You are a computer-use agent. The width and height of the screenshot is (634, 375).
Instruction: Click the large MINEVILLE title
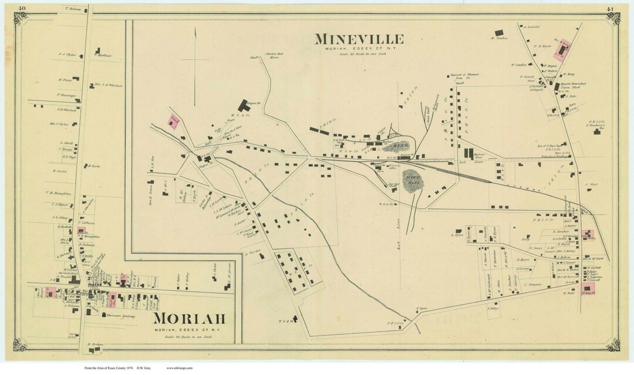click(x=359, y=39)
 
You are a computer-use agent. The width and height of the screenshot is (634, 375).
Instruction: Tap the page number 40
click(x=21, y=8)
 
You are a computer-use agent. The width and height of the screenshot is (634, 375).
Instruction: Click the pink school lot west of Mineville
click(x=173, y=121)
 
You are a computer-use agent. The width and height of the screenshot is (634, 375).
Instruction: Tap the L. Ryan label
click(x=457, y=235)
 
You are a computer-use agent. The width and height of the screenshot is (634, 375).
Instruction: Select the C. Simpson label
click(x=532, y=283)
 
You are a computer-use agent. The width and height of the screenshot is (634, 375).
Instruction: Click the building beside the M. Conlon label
click(x=499, y=33)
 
